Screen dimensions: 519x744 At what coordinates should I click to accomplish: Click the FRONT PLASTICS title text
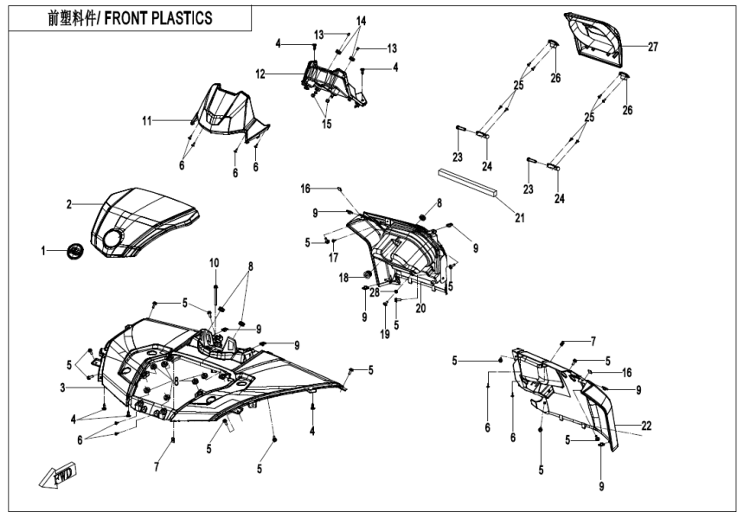[x=131, y=18]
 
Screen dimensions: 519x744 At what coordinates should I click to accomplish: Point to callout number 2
[x=69, y=205]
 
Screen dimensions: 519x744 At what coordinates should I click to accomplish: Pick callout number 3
[x=63, y=388]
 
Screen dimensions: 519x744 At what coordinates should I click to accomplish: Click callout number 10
[x=214, y=262]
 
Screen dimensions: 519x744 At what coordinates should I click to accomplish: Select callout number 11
[x=147, y=120]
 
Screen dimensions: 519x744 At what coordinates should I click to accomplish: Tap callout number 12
[x=260, y=74]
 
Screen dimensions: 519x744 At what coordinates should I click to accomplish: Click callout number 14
[x=361, y=20]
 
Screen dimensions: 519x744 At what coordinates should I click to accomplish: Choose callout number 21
[x=520, y=218]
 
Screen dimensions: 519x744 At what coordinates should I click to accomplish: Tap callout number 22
[x=647, y=425]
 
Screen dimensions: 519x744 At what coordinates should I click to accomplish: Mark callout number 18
[x=343, y=278]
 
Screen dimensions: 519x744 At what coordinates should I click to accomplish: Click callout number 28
[x=375, y=292]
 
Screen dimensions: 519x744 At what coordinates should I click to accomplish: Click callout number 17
[x=333, y=257]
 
